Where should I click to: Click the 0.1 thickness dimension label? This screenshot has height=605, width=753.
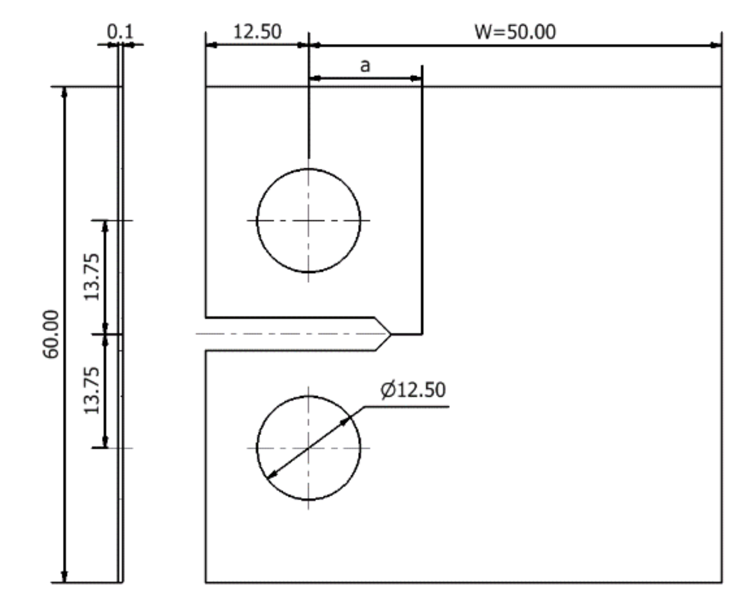121,32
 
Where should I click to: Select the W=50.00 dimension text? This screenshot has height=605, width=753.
515,32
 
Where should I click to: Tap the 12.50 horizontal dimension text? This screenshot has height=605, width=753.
257,32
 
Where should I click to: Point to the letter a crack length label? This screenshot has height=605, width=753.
365,65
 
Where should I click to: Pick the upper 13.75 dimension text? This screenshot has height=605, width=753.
92,277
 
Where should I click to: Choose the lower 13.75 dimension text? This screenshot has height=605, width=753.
92,390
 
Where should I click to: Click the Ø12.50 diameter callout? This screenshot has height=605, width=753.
413,390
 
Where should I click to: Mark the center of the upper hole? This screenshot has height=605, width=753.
309,220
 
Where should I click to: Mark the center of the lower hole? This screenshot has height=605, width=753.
309,448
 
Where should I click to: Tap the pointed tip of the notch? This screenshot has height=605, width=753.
391,334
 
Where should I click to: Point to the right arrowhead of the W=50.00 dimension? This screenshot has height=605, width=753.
716,45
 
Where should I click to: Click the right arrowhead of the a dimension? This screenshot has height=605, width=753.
417,78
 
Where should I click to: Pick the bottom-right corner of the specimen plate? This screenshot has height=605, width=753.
722,582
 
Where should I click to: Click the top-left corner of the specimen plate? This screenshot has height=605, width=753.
206,87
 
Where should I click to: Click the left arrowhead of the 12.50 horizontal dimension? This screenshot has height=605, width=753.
211,45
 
